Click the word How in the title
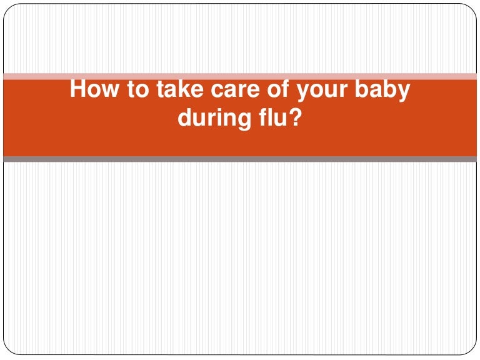pos(94,89)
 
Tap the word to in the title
pos(138,89)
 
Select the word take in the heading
pos(180,89)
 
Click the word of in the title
pos(278,89)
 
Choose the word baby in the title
pos(382,91)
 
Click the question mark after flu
pos(295,117)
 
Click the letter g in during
pos(244,121)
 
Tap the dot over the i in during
pos(219,109)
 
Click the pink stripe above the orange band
pos(240,76)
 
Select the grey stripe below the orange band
pos(240,159)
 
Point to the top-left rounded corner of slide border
pos(7,7)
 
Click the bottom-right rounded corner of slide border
pos(472,351)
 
